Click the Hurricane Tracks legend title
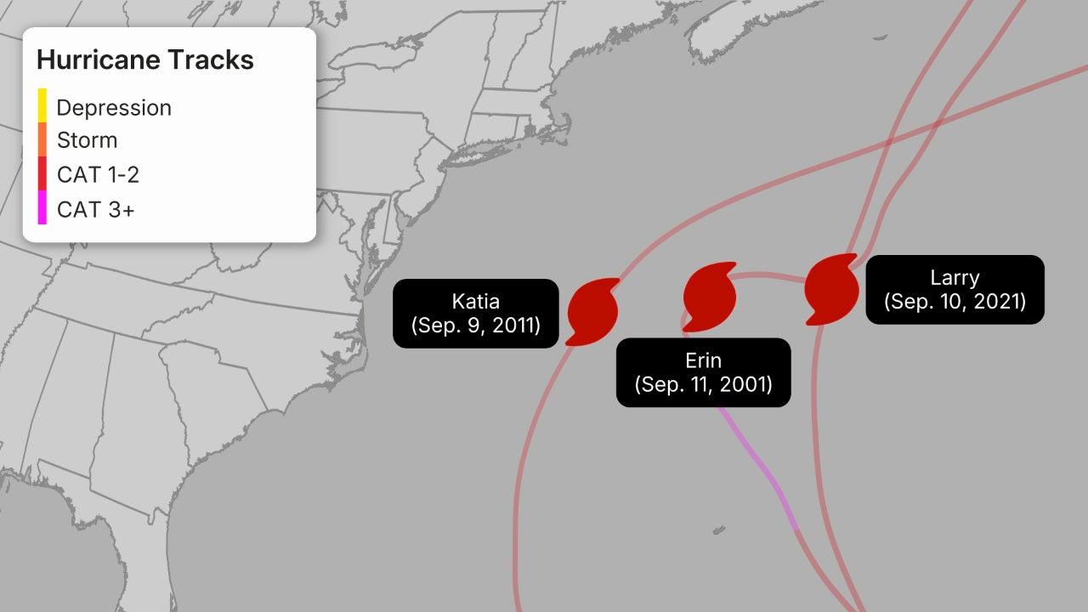tap(145, 60)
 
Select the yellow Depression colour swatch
tap(42, 105)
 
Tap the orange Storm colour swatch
tap(42, 139)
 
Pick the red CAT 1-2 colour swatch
tap(42, 173)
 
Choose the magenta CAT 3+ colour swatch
tap(42, 207)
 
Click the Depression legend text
tap(114, 108)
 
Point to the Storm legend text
tap(87, 140)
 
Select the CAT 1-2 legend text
tap(98, 175)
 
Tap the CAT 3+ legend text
tap(95, 209)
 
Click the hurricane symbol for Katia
tap(592, 310)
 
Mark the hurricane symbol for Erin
tap(709, 296)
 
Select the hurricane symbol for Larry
tap(830, 287)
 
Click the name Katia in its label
tap(475, 301)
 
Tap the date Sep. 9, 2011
tap(475, 325)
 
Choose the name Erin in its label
tap(703, 360)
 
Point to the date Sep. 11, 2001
tap(703, 383)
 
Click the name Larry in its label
tap(955, 277)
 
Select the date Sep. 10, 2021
tap(955, 301)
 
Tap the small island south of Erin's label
tap(719, 530)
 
